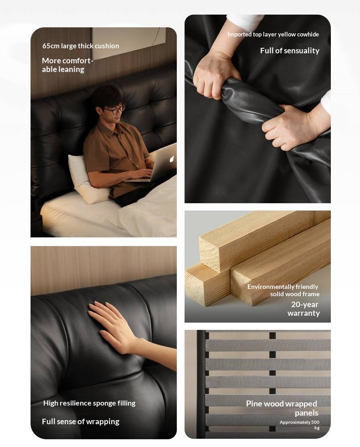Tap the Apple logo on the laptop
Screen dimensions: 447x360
(x=172, y=159)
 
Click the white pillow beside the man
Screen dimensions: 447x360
(x=84, y=178)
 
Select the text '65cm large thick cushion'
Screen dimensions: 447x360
(x=81, y=46)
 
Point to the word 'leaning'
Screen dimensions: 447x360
(x=72, y=70)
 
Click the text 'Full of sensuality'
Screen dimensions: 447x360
(x=289, y=51)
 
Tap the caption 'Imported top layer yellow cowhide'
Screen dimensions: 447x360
(x=273, y=35)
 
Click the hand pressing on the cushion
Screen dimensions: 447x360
(x=114, y=326)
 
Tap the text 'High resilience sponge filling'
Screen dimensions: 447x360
(x=89, y=403)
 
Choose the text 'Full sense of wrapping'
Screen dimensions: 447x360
(x=81, y=421)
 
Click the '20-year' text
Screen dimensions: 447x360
(x=305, y=304)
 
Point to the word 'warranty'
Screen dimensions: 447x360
(x=303, y=313)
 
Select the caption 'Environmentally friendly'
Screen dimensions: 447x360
(x=283, y=287)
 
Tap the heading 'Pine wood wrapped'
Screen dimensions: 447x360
(x=281, y=404)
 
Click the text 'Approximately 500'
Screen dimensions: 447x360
(x=299, y=422)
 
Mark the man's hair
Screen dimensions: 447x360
(x=105, y=94)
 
